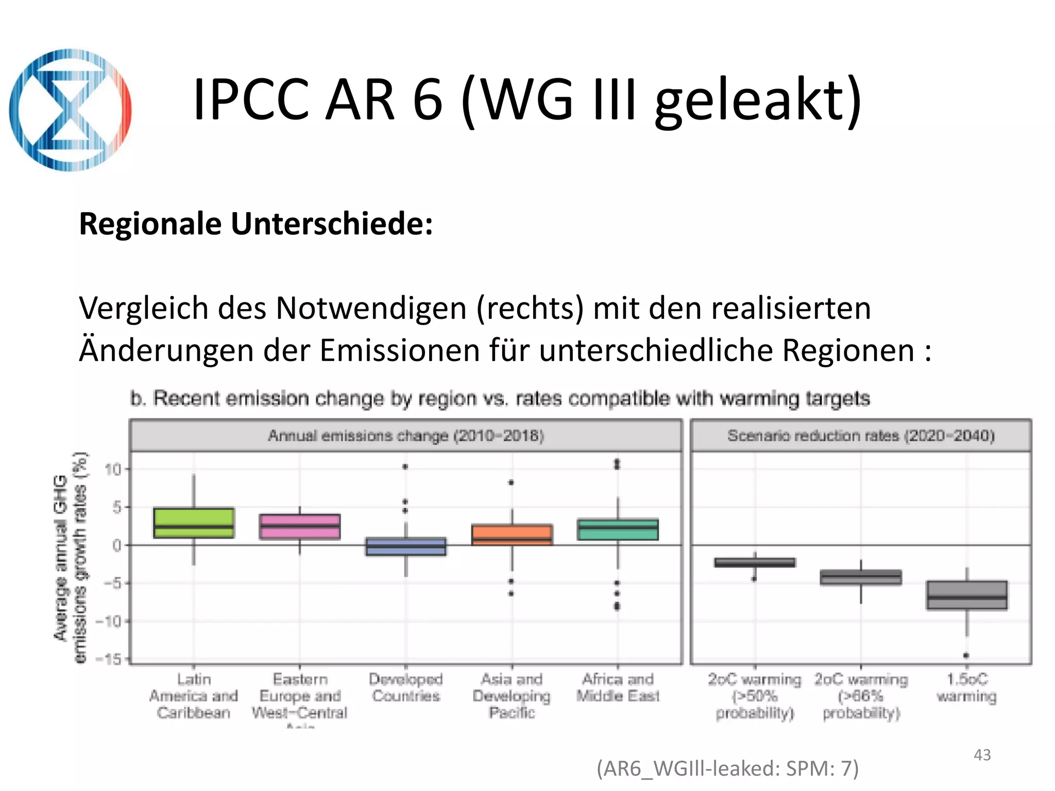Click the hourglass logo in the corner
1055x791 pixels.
[x=71, y=110]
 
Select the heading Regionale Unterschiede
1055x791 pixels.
[x=256, y=224]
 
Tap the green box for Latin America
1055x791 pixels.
[x=194, y=523]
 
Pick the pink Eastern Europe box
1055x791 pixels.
[x=300, y=526]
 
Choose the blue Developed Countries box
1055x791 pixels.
[x=406, y=546]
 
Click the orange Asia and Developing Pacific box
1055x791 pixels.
[x=512, y=535]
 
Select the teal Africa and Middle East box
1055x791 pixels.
[x=618, y=529]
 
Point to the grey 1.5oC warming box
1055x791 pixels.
[x=966, y=595]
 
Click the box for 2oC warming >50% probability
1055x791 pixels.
[x=755, y=562]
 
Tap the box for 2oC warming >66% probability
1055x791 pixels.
[x=861, y=577]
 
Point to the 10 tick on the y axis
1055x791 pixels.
[x=113, y=469]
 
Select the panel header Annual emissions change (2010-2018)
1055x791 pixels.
[x=406, y=436]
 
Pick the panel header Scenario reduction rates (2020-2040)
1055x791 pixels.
[x=861, y=436]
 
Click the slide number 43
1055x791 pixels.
[x=982, y=755]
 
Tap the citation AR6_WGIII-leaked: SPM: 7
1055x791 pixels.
[x=727, y=768]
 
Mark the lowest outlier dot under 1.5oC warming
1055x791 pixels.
[x=966, y=656]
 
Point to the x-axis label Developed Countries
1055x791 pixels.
[x=406, y=688]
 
